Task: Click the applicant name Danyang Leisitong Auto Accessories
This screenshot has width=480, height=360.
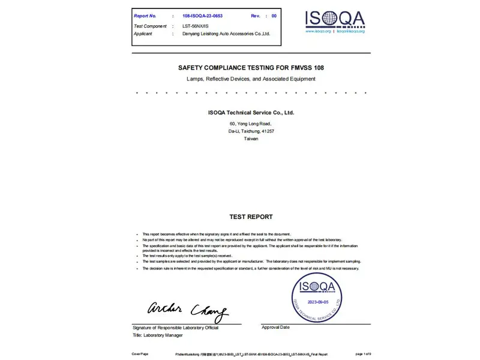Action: pos(226,34)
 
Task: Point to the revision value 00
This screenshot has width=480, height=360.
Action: pos(274,16)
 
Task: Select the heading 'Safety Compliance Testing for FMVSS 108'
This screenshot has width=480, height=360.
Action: pos(251,68)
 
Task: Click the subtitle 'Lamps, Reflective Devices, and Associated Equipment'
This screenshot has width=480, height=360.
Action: pos(251,79)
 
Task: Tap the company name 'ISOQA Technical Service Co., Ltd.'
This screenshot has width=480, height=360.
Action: pos(251,113)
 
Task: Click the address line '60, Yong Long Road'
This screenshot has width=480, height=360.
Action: pos(251,124)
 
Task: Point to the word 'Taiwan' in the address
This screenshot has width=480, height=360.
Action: pos(251,139)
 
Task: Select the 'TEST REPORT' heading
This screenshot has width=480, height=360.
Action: pos(251,217)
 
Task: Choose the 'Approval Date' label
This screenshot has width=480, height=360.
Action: pos(275,327)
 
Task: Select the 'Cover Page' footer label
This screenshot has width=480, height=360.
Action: pos(140,354)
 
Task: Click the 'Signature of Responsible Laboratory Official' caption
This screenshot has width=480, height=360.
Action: pos(175,328)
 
